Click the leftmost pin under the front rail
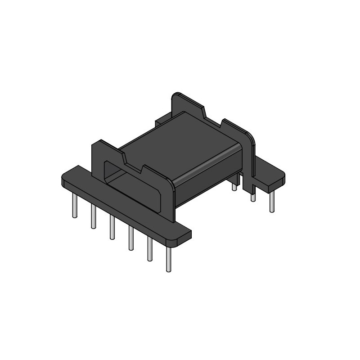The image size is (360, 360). (75, 207)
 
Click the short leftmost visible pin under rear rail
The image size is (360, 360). (234, 185)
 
